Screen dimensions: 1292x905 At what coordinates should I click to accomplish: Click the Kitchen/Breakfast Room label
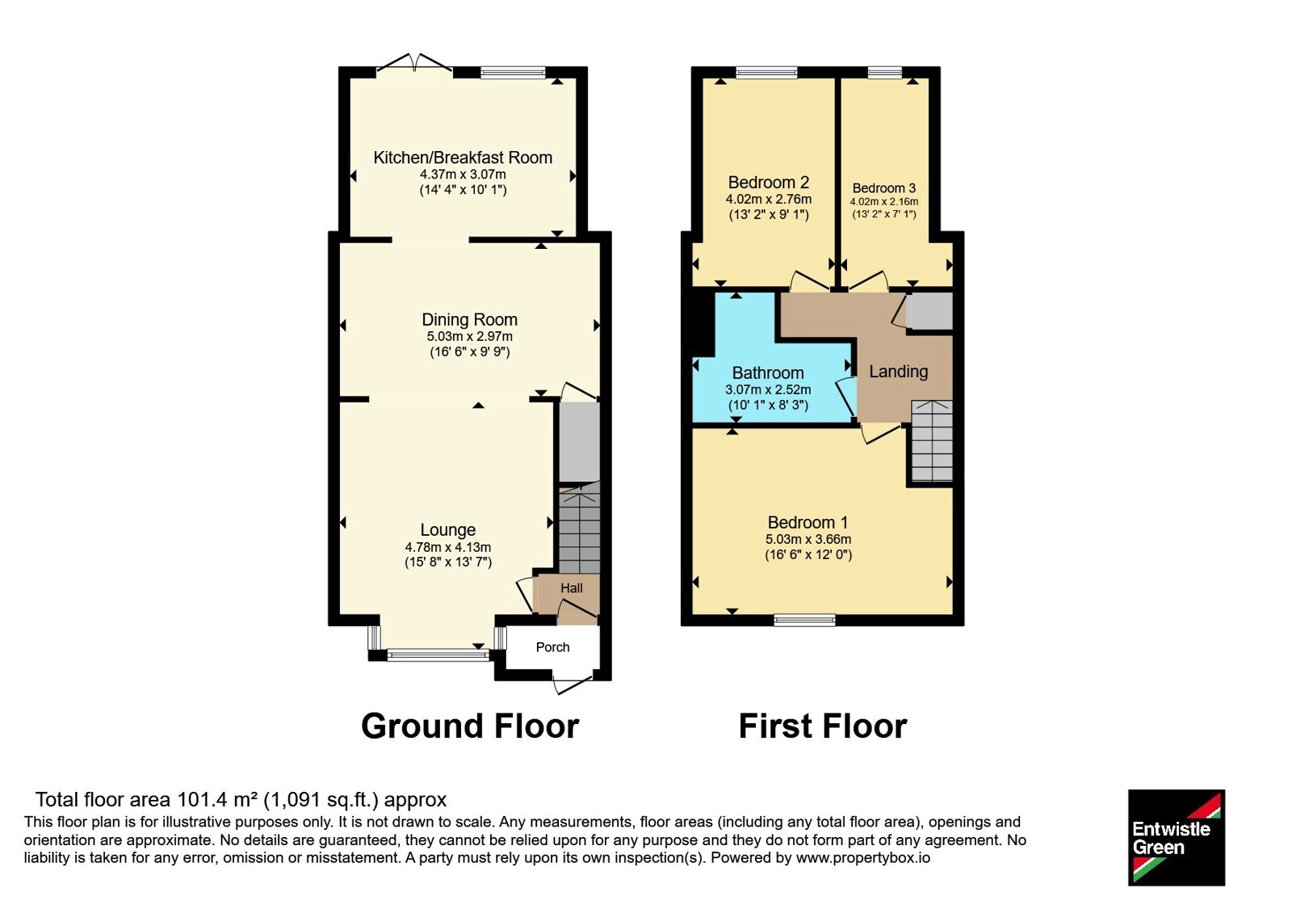click(x=463, y=158)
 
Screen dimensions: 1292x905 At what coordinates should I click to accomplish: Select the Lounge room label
click(x=448, y=530)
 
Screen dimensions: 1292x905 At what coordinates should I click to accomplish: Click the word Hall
click(x=572, y=588)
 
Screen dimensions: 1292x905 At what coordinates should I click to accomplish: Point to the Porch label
click(x=552, y=647)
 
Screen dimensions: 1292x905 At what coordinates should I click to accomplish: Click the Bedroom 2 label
click(x=768, y=183)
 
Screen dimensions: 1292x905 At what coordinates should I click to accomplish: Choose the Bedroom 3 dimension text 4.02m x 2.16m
click(x=883, y=202)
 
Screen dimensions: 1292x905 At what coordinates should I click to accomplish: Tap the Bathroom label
click(x=768, y=373)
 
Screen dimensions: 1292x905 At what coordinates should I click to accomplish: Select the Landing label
click(x=899, y=371)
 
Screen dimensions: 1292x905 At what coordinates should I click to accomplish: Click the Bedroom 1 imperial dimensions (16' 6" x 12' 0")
click(x=808, y=554)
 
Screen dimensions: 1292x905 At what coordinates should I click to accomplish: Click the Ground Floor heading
click(x=470, y=726)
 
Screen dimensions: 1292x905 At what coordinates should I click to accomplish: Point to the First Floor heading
click(x=823, y=726)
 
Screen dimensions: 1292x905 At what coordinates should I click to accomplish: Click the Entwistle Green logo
click(x=1177, y=837)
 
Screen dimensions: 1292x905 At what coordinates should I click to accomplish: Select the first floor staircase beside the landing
click(x=932, y=441)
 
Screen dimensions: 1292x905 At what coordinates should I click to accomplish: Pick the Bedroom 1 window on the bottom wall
click(x=804, y=621)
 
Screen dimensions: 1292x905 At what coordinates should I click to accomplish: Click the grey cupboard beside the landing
click(x=929, y=310)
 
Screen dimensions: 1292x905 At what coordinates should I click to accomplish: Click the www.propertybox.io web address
click(x=863, y=857)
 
